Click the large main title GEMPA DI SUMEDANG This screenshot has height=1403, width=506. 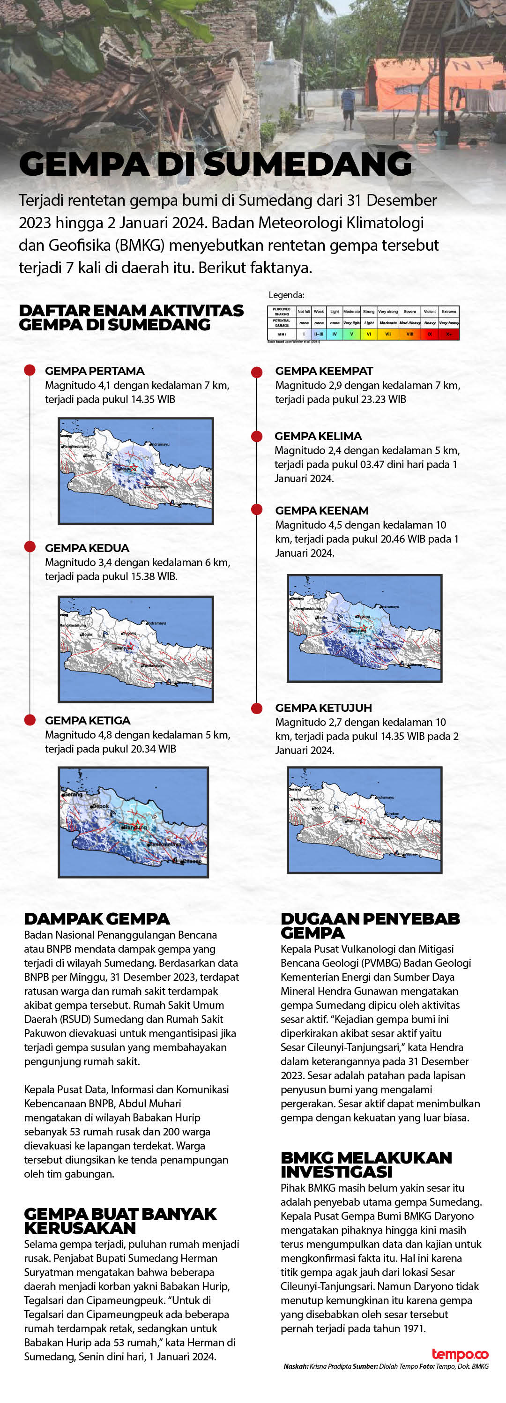click(215, 164)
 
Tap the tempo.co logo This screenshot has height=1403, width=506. click(460, 1355)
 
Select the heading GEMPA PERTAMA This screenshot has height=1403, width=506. click(94, 371)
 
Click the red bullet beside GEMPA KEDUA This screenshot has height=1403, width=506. click(30, 547)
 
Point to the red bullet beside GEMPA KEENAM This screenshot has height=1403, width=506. click(257, 509)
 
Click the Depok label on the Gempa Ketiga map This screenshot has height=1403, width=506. click(101, 806)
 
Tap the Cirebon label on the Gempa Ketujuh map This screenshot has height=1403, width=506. click(392, 813)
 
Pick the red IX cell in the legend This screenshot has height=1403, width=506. click(429, 334)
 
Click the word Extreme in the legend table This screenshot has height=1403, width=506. click(449, 312)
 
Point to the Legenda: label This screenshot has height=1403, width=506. click(286, 295)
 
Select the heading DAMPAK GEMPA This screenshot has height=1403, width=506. click(97, 919)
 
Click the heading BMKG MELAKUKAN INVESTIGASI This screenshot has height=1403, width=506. click(365, 1164)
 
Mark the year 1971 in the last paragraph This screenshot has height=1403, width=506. click(414, 1328)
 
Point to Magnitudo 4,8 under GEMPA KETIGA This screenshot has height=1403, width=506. click(78, 735)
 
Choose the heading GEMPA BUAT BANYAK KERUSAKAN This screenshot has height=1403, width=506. click(120, 1221)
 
